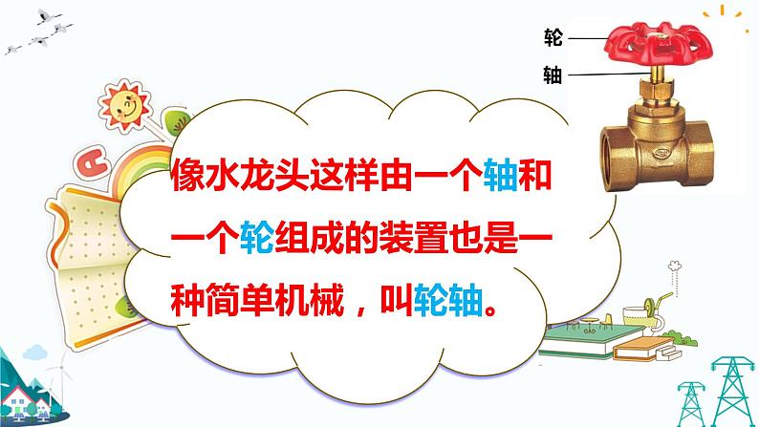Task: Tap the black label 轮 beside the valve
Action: point(552,37)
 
